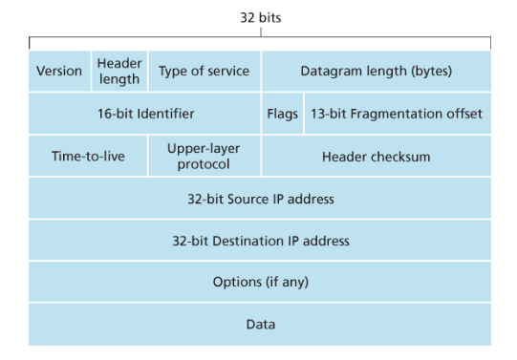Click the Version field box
click(x=59, y=71)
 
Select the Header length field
click(x=119, y=71)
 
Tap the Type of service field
click(x=205, y=71)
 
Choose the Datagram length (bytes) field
click(x=377, y=71)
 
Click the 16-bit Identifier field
click(x=144, y=114)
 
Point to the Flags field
click(x=282, y=114)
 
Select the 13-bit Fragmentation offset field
click(x=398, y=114)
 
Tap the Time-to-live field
click(x=88, y=156)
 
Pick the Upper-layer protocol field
click(x=205, y=156)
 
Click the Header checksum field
click(x=377, y=156)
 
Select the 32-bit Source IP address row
click(x=260, y=198)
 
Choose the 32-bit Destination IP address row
click(x=260, y=240)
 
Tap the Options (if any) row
click(x=260, y=282)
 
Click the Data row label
click(x=261, y=324)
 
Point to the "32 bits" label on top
click(x=261, y=17)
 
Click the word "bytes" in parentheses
click(x=432, y=72)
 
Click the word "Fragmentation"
click(x=397, y=114)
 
